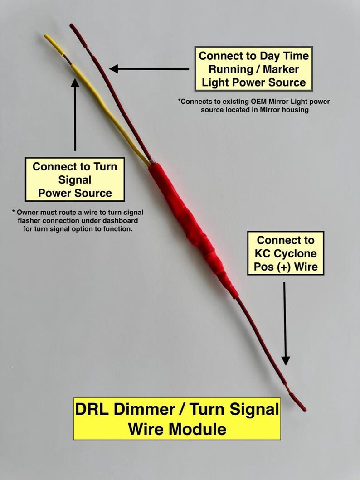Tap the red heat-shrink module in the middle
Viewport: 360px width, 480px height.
[x=193, y=230]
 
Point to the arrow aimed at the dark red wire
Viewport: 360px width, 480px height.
[x=149, y=69]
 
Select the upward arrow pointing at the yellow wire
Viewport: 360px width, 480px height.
[x=75, y=115]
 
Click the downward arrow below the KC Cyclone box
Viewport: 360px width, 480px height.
[x=285, y=324]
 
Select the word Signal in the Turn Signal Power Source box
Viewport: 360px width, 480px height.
[x=75, y=179]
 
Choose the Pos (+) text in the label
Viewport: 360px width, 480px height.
[x=273, y=267]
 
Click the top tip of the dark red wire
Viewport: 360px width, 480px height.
[x=71, y=25]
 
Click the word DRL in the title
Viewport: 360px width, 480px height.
[x=92, y=409]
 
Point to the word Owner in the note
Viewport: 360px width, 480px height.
[x=26, y=212]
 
